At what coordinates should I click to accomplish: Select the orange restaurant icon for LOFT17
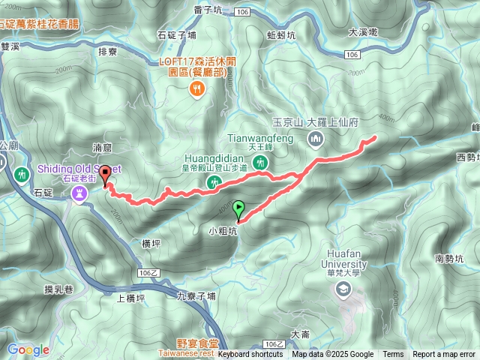point(196,89)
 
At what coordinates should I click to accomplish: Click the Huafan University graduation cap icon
point(344,289)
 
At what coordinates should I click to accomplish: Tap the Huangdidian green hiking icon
point(212,181)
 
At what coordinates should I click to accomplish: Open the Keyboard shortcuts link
point(250,355)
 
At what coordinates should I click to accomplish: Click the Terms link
point(393,355)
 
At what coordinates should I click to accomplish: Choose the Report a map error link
point(444,355)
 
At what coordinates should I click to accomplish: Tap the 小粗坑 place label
point(223,232)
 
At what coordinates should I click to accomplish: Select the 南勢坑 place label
point(449,258)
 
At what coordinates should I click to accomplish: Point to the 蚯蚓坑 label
point(282,34)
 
